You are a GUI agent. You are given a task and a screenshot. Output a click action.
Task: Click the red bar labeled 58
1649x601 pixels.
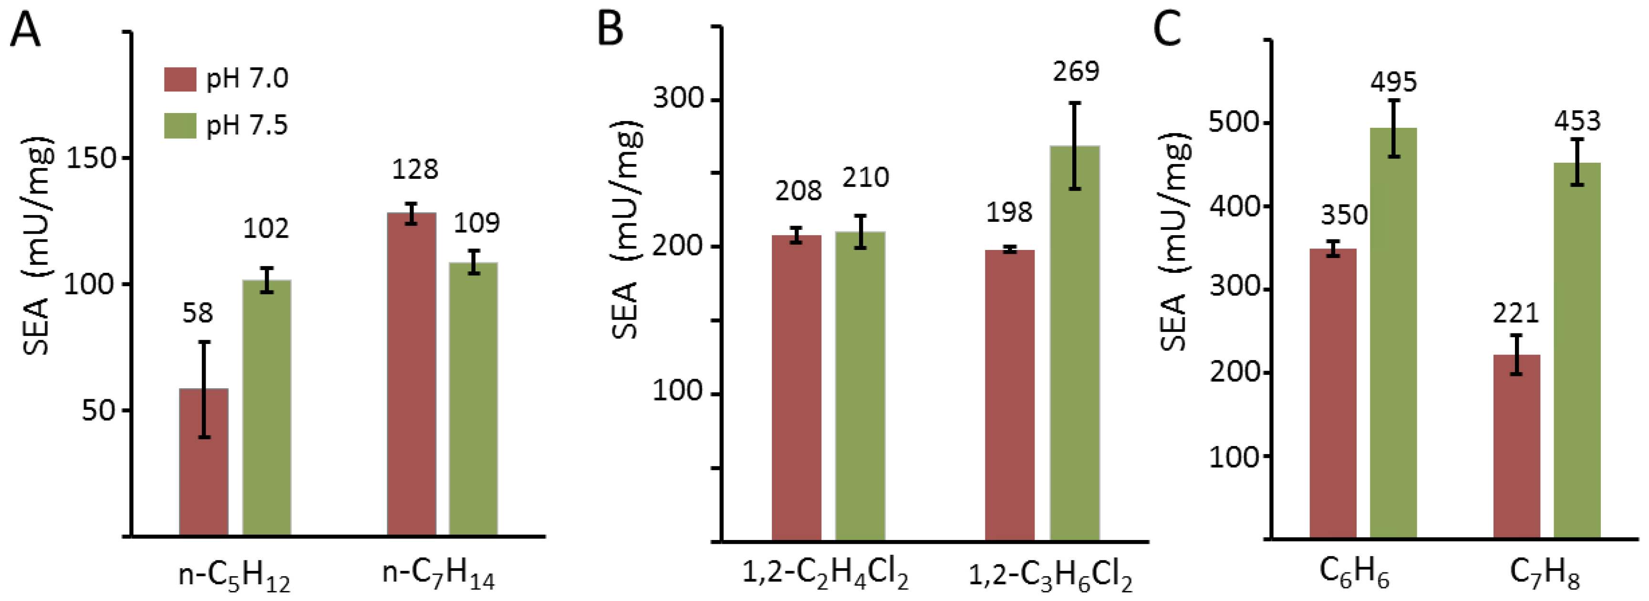[204, 461]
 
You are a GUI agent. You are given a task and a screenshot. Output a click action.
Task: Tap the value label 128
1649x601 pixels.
[415, 170]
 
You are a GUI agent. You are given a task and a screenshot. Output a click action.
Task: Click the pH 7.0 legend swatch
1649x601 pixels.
[180, 79]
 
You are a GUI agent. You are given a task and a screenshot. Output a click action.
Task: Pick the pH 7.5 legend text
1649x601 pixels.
[247, 125]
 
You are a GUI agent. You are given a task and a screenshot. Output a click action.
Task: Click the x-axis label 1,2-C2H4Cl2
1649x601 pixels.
[824, 574]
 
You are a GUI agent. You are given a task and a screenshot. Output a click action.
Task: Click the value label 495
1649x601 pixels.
[1394, 82]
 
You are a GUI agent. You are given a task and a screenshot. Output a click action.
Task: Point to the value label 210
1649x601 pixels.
[865, 178]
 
